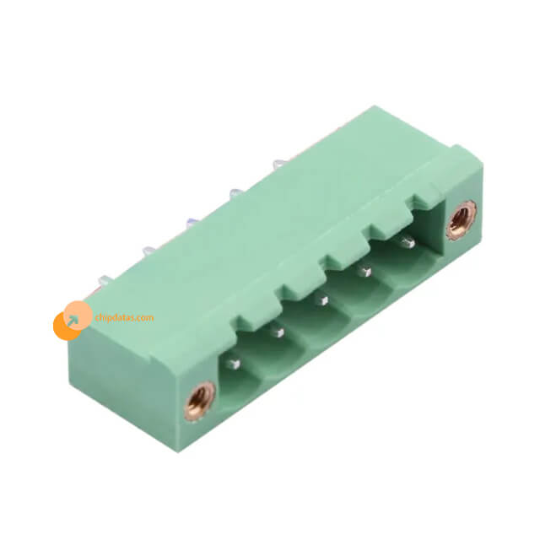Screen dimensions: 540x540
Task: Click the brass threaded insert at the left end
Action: coord(199,401)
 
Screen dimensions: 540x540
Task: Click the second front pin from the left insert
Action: coord(278,332)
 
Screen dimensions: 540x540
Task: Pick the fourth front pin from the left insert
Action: coord(363,272)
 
